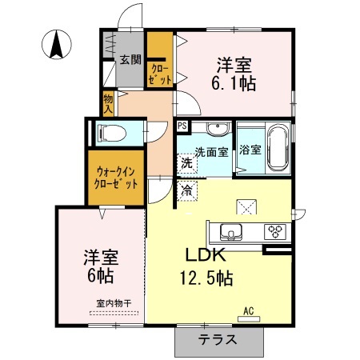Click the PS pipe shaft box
[182, 126]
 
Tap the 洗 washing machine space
[186, 162]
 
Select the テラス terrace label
[218, 339]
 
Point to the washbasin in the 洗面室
[216, 131]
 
